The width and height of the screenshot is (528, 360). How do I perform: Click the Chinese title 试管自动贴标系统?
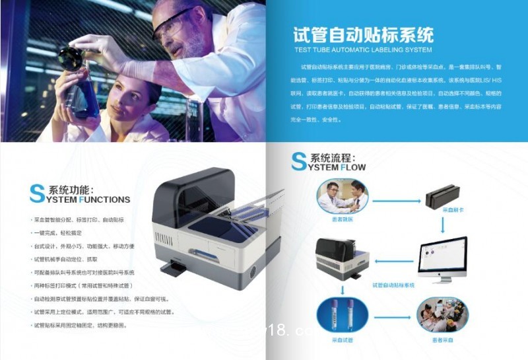(x=363, y=34)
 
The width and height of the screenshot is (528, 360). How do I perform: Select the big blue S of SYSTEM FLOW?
(x=299, y=162)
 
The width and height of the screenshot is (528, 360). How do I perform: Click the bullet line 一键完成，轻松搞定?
(x=60, y=233)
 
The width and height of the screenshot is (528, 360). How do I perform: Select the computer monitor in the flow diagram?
(x=442, y=260)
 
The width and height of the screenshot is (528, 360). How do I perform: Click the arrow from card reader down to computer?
(x=442, y=224)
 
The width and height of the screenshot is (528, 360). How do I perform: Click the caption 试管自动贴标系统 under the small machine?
(x=393, y=285)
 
